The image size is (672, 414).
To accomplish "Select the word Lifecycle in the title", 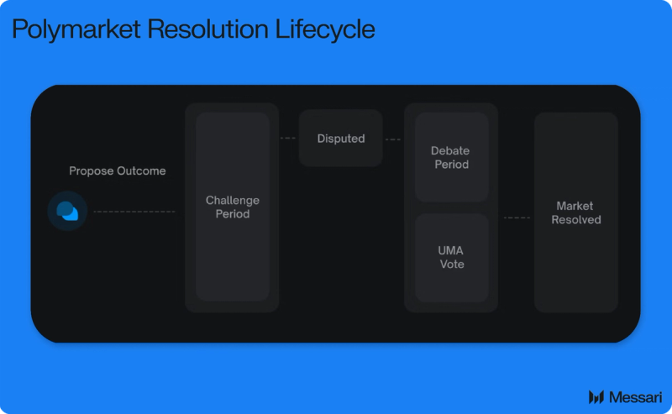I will point(326,29).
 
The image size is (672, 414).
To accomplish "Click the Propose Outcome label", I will point(118,171).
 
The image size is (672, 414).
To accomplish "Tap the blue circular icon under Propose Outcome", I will point(67,211).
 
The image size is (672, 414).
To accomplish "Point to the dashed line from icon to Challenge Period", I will point(134,212).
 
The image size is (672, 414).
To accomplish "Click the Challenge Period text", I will point(233,207).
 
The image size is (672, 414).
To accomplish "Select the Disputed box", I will point(341,139).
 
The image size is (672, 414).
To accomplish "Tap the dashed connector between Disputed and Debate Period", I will point(393,139).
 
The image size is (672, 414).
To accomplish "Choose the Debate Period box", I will point(451,158).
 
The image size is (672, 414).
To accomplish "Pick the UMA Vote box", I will point(451,258).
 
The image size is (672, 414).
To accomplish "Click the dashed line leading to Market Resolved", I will point(517,217).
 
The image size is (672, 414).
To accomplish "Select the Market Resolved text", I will point(576,212).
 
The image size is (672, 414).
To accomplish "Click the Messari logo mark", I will point(596,396).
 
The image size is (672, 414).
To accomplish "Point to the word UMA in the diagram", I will point(451,251).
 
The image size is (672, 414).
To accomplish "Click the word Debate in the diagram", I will point(450,151).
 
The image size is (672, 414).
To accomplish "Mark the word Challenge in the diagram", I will point(233,201).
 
